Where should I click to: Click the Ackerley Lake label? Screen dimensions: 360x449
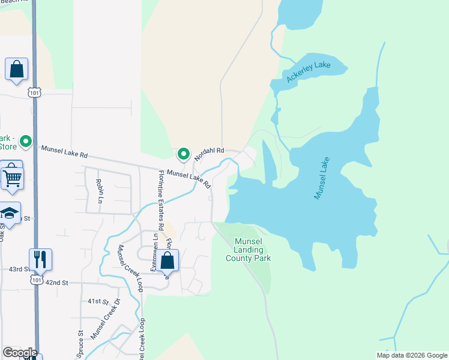tap(309, 70)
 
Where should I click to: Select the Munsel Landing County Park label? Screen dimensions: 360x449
tap(249, 250)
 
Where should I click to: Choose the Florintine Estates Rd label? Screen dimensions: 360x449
tap(161, 200)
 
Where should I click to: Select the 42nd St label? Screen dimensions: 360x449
tap(56, 282)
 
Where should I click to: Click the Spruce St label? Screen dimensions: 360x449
tap(80, 344)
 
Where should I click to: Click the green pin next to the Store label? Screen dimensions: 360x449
tap(26, 142)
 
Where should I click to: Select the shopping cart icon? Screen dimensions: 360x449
tap(12, 176)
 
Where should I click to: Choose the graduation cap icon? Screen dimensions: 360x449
tap(10, 214)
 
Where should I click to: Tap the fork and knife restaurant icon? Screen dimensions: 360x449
tap(40, 259)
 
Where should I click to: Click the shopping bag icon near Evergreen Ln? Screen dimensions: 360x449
tap(168, 260)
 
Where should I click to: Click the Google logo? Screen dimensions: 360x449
tap(20, 353)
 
